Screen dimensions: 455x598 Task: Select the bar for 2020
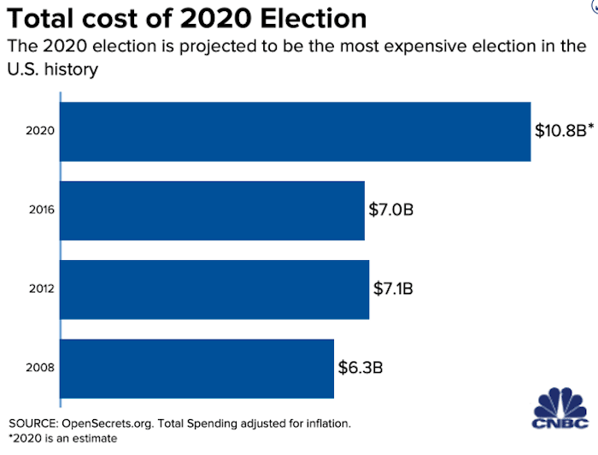pos(296,131)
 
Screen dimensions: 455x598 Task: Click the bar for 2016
pos(213,210)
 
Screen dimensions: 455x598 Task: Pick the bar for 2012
pos(214,289)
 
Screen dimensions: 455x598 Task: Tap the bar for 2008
pos(197,368)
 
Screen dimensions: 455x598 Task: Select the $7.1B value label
pos(394,289)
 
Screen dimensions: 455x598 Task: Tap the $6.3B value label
pos(359,368)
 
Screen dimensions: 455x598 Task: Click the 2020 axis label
pos(41,132)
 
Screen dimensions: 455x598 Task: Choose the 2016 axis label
pos(41,210)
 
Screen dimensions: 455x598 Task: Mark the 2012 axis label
pos(41,289)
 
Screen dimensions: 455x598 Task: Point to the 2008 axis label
pos(41,368)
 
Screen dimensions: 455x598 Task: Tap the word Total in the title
pos(44,19)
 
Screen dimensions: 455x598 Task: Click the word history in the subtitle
pos(70,69)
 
